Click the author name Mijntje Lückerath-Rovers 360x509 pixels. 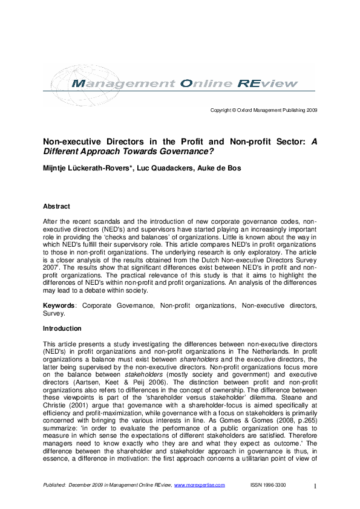[89, 167]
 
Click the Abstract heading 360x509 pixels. [56, 207]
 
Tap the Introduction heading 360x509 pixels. [62, 329]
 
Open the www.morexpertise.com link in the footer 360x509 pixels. [199, 485]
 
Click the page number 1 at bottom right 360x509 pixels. [315, 486]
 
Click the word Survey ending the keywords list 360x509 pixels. [53, 314]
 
